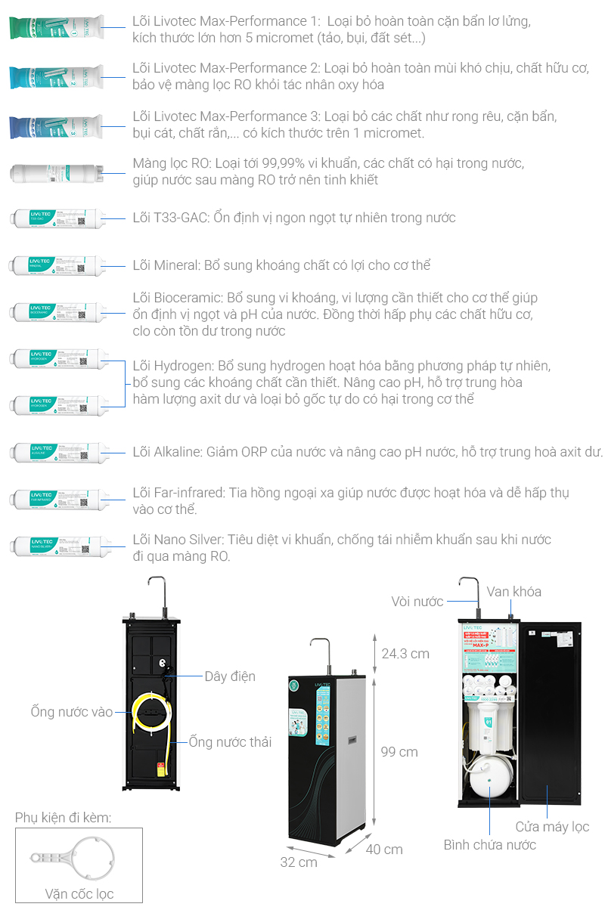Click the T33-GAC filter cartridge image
[57, 219]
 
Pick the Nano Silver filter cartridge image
[57, 546]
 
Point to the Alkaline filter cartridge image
[57, 452]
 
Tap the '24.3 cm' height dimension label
[405, 653]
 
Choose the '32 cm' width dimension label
[299, 862]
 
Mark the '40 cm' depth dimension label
[384, 849]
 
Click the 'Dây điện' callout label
[230, 676]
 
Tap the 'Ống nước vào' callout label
[72, 712]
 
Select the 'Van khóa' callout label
[513, 591]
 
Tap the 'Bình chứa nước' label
[489, 845]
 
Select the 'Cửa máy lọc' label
[552, 827]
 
